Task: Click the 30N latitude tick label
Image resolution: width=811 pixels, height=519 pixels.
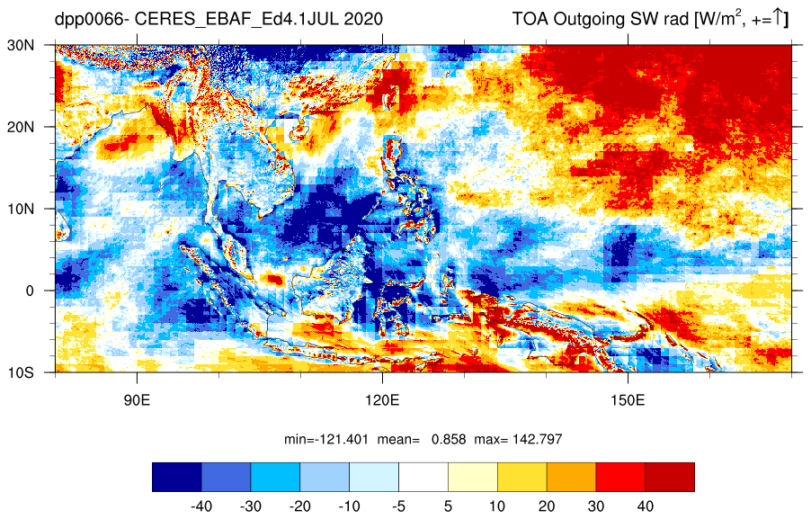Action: [21, 46]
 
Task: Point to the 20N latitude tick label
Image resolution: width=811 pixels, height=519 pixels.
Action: [21, 128]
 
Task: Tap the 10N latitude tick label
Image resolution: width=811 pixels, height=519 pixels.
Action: [21, 209]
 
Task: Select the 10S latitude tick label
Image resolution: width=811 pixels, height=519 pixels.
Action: [21, 372]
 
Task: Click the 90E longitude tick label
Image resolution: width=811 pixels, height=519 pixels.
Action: [137, 400]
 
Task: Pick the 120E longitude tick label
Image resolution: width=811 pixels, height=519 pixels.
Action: [382, 400]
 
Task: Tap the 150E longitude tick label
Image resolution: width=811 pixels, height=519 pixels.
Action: [628, 400]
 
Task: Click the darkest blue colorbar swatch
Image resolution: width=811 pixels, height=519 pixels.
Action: [177, 477]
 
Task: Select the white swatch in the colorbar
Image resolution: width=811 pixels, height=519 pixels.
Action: [423, 477]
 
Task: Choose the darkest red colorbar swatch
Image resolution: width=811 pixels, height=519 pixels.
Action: [670, 477]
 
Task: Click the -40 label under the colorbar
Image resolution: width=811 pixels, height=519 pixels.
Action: [201, 506]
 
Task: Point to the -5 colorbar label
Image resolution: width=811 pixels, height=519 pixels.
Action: [398, 506]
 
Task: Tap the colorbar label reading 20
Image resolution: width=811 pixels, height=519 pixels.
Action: [546, 506]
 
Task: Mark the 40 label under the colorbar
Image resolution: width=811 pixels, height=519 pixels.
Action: [645, 506]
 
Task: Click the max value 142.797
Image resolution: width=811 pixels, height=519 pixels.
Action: [537, 439]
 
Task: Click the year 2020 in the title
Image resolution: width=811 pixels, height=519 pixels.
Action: [363, 19]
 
